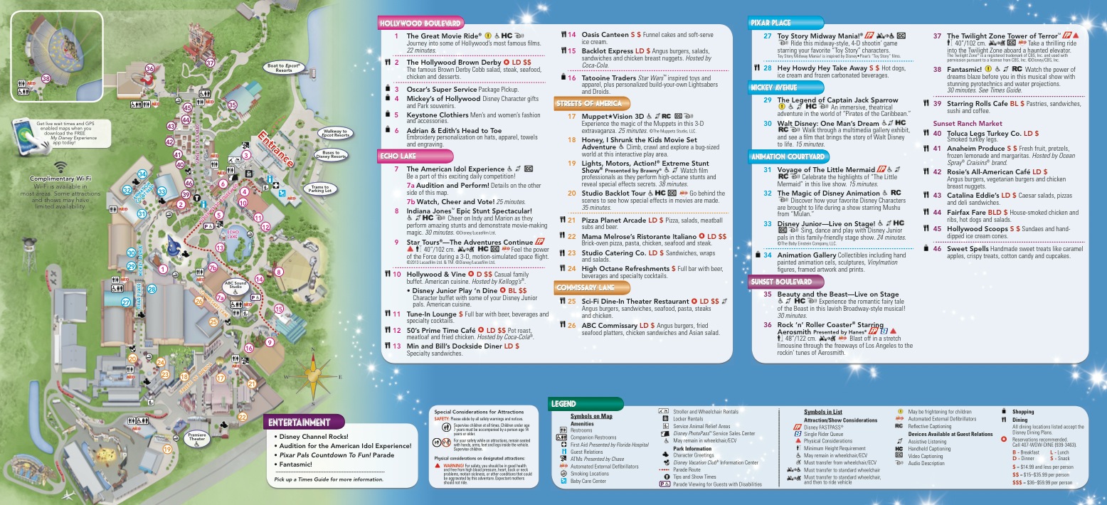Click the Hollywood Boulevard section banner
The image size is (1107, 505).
point(420,23)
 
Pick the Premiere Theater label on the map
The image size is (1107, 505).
point(196,438)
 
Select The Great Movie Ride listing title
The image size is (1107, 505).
point(444,36)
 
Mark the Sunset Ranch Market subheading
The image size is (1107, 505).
point(967,123)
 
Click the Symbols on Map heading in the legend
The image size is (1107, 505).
point(590,415)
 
